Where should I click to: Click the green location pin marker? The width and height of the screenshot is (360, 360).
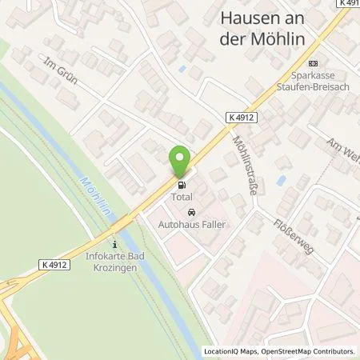180,162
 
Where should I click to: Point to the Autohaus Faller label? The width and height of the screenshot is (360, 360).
191,225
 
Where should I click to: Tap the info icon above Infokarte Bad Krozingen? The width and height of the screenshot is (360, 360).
115,245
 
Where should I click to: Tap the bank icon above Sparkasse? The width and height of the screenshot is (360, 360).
313,64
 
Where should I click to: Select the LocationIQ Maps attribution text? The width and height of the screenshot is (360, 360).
233,351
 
